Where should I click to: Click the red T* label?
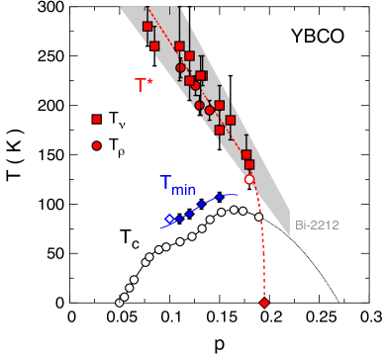pyautogui.click(x=144, y=86)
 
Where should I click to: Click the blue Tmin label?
pyautogui.click(x=177, y=184)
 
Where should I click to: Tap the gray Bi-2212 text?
pyautogui.click(x=317, y=225)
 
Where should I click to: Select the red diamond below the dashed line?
pyautogui.click(x=264, y=303)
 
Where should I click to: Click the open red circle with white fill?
pyautogui.click(x=249, y=180)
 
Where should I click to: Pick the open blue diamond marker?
pyautogui.click(x=169, y=219)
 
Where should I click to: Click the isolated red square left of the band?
pyautogui.click(x=96, y=119)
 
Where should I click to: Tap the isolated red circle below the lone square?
pyautogui.click(x=96, y=145)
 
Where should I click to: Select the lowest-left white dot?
pyautogui.click(x=120, y=303)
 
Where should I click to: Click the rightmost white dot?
pyautogui.click(x=259, y=217)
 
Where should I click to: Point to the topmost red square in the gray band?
pyautogui.click(x=147, y=27)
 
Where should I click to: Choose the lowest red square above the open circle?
pyautogui.click(x=249, y=165)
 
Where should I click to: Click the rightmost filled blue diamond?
pyautogui.click(x=220, y=197)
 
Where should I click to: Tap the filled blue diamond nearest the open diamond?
pyautogui.click(x=179, y=216)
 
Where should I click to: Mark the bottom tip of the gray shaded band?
pyautogui.click(x=289, y=235)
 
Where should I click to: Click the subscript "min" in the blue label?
pyautogui.click(x=185, y=189)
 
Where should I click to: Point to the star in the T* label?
pyautogui.click(x=151, y=80)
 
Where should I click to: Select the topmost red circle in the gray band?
pyautogui.click(x=181, y=68)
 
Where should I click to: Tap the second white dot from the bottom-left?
pyautogui.click(x=125, y=296)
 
